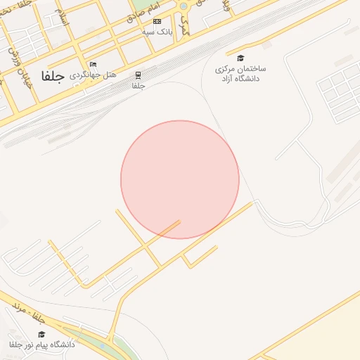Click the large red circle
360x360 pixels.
pyautogui.click(x=180, y=179)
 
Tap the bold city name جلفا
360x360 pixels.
pyautogui.click(x=52, y=77)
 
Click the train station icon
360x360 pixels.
pyautogui.click(x=139, y=75)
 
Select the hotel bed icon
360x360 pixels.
pyautogui.click(x=93, y=65)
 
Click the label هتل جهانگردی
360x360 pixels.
pyautogui.click(x=93, y=74)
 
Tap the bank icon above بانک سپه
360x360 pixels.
pyautogui.click(x=156, y=22)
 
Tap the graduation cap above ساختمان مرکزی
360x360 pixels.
pyautogui.click(x=240, y=58)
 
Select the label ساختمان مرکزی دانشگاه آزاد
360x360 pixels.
pyautogui.click(x=240, y=74)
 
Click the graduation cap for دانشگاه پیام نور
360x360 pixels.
pyautogui.click(x=41, y=335)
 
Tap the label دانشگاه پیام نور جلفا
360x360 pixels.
pyautogui.click(x=41, y=345)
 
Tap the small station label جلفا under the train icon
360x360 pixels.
pyautogui.click(x=139, y=86)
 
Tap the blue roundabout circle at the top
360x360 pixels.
pyautogui.click(x=184, y=6)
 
